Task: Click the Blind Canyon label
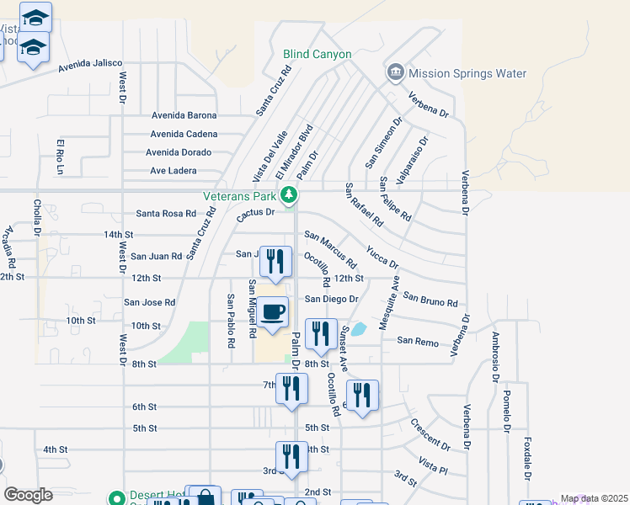tap(318, 54)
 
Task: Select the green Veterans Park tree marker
tap(289, 195)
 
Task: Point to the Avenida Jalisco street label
tap(90, 63)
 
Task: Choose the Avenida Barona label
tap(184, 115)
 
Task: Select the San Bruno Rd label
tap(430, 299)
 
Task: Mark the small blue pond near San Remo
tap(359, 329)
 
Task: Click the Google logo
tap(28, 495)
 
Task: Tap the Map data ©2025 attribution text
tap(595, 499)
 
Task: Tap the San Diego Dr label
tap(332, 299)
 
